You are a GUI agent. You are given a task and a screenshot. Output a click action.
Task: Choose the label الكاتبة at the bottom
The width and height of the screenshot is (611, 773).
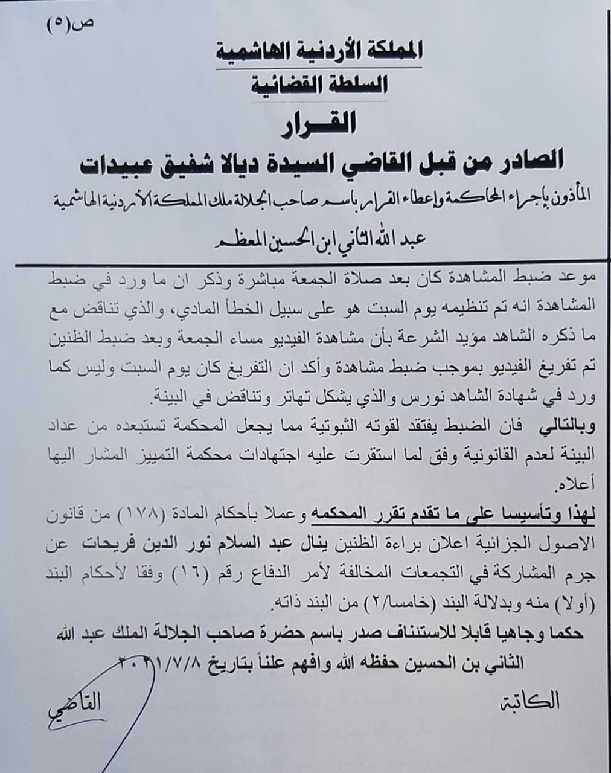(529, 702)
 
